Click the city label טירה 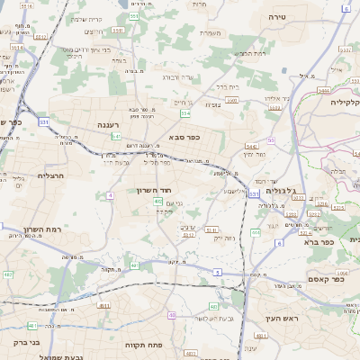[x=277, y=17]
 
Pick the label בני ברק [x=27, y=342]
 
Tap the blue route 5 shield [x=217, y=271]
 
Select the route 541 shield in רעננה [x=116, y=136]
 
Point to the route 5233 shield [x=315, y=214]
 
